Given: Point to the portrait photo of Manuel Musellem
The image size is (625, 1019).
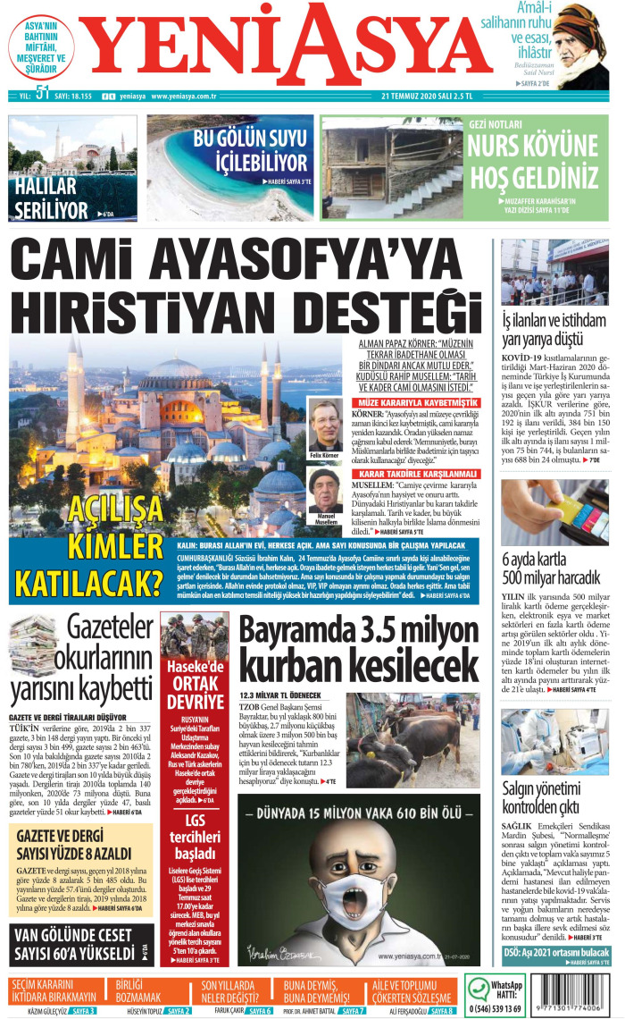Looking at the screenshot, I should click(x=326, y=494).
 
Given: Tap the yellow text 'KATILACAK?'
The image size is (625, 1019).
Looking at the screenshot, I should click(x=87, y=581).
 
